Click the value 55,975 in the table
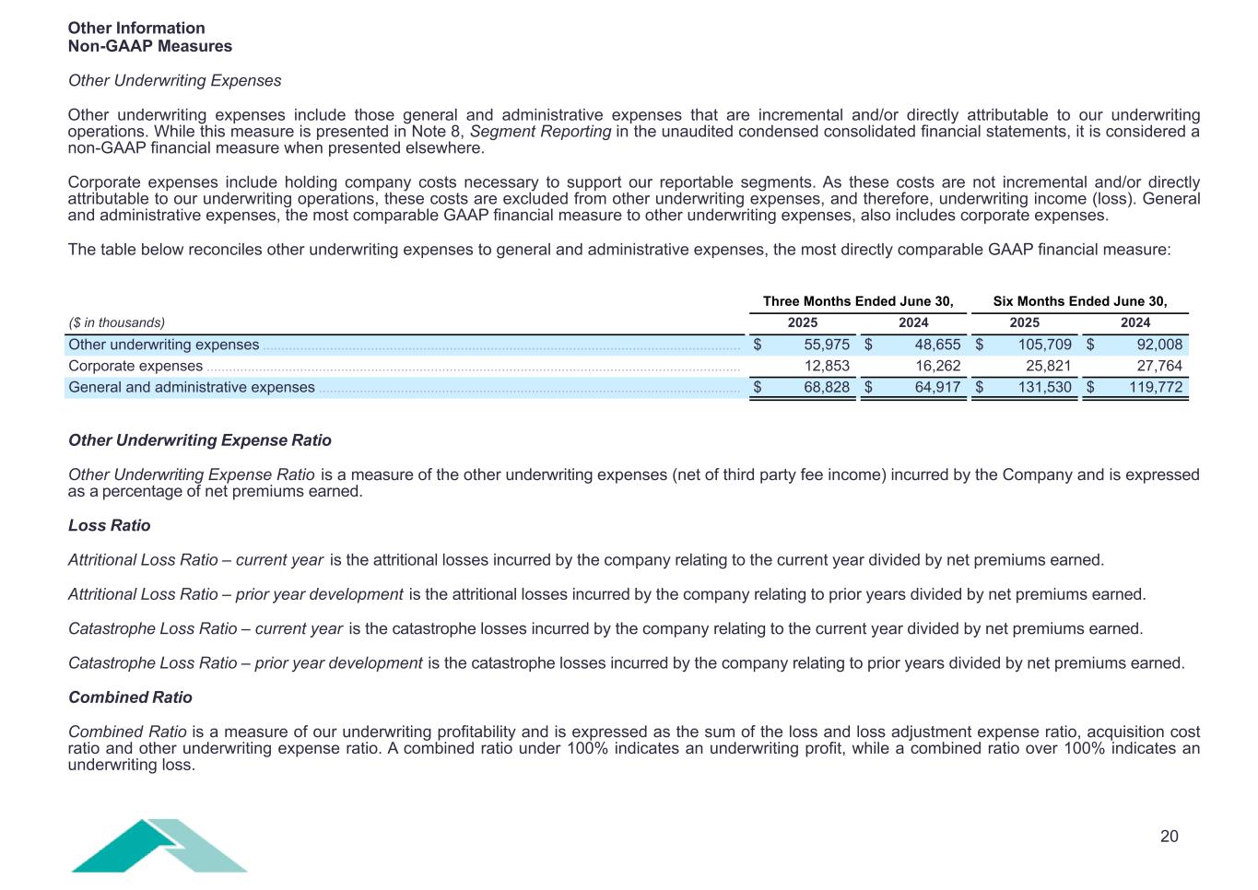click(x=827, y=345)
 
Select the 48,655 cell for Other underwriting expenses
click(x=937, y=345)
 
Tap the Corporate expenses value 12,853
click(x=827, y=366)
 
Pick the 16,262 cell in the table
click(x=937, y=366)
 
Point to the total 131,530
click(x=1044, y=387)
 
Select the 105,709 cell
click(x=1044, y=345)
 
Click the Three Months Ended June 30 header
click(x=857, y=301)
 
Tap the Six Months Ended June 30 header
click(x=1079, y=301)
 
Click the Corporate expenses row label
click(x=135, y=366)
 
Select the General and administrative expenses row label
click(x=192, y=387)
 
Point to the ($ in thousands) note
click(x=117, y=322)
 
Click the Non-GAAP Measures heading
click(x=150, y=46)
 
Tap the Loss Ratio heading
click(x=109, y=525)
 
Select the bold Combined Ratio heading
click(x=130, y=697)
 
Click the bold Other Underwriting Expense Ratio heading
click(x=199, y=440)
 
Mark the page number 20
click(x=1169, y=836)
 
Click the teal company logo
click(x=159, y=845)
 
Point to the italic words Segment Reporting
click(x=540, y=132)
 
